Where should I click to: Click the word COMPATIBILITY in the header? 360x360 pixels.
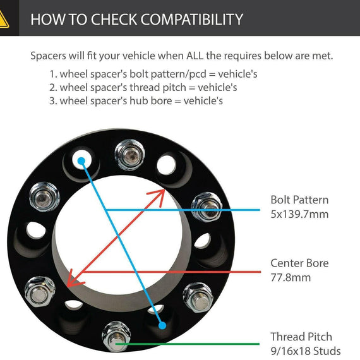pos(192,19)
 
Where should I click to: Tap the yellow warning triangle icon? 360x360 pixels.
pos(3,20)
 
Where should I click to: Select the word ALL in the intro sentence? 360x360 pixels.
pos(195,56)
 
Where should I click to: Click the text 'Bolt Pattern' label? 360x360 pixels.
pos(299,200)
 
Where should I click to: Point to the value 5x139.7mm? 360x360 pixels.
pos(299,214)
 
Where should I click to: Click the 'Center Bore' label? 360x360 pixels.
pos(299,263)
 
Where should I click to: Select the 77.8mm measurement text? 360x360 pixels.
pos(291,277)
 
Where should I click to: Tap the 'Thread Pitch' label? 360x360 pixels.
pos(301,337)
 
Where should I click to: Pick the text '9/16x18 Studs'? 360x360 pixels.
pos(305,351)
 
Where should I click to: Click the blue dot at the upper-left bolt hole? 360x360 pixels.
pos(81,161)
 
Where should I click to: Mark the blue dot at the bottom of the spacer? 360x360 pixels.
pos(162,325)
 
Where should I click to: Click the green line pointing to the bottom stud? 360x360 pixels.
pos(188,344)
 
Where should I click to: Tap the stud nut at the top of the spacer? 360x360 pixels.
pos(129,155)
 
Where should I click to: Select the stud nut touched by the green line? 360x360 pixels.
pos(116,337)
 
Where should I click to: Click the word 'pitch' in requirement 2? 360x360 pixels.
pos(174,88)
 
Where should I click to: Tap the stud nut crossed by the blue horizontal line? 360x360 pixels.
pos(207,207)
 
